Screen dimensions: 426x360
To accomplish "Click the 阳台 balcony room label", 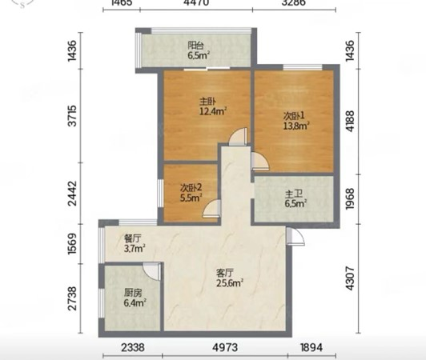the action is [x=199, y=50].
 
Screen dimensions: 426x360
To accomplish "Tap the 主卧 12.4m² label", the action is [x=213, y=106].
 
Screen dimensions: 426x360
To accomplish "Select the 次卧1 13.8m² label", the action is [x=296, y=121].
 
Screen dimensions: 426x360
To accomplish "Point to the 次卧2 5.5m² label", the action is [x=191, y=193].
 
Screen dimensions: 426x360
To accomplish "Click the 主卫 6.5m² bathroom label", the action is [x=295, y=198].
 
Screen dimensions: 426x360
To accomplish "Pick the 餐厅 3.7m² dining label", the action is [x=135, y=243].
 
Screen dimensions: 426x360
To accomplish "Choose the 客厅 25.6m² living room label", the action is [x=229, y=278].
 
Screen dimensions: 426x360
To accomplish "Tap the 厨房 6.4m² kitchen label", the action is [x=135, y=298].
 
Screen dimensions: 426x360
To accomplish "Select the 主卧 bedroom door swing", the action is [x=239, y=136].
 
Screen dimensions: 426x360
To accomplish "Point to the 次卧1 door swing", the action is [x=260, y=162].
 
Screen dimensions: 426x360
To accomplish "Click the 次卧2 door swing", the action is [x=211, y=208].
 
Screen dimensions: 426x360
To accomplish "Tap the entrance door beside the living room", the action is [x=295, y=237].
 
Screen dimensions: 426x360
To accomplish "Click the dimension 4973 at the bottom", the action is [x=225, y=347].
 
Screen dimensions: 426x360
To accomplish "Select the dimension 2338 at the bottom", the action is [x=133, y=347].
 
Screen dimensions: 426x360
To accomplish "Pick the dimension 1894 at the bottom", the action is [x=311, y=347].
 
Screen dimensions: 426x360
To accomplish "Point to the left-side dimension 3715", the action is [x=73, y=116].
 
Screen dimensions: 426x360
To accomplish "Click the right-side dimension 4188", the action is [x=350, y=121].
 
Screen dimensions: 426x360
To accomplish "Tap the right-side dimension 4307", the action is [x=350, y=278].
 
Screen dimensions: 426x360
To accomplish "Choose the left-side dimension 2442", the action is [x=73, y=194].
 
